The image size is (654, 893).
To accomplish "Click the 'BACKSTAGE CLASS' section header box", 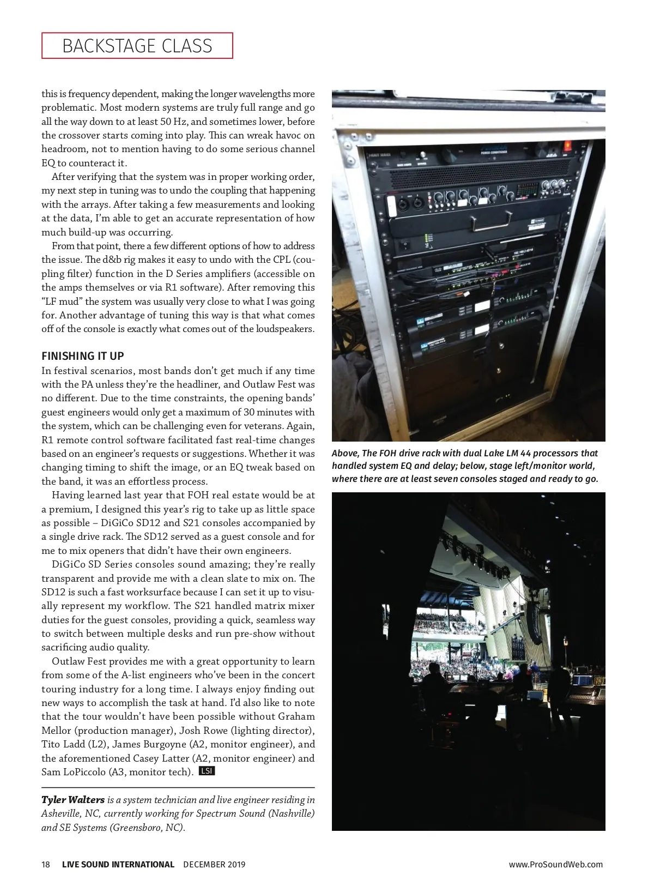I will coord(137,46).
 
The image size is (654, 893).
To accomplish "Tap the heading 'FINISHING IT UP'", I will coord(83,356).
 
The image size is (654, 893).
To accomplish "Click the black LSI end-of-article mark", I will coord(207,771).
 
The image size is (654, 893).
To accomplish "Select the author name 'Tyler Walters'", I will coord(73,800).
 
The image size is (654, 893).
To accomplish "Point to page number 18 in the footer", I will coord(46,864).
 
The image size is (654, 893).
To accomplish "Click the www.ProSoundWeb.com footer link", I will coord(555,864).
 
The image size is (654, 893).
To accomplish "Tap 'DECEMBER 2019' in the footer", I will coord(214,864).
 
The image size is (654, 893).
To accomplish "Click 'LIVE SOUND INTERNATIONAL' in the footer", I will coord(118,864).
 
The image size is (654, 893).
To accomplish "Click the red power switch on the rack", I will coord(568,146).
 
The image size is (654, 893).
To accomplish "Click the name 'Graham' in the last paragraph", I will coord(296,716).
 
